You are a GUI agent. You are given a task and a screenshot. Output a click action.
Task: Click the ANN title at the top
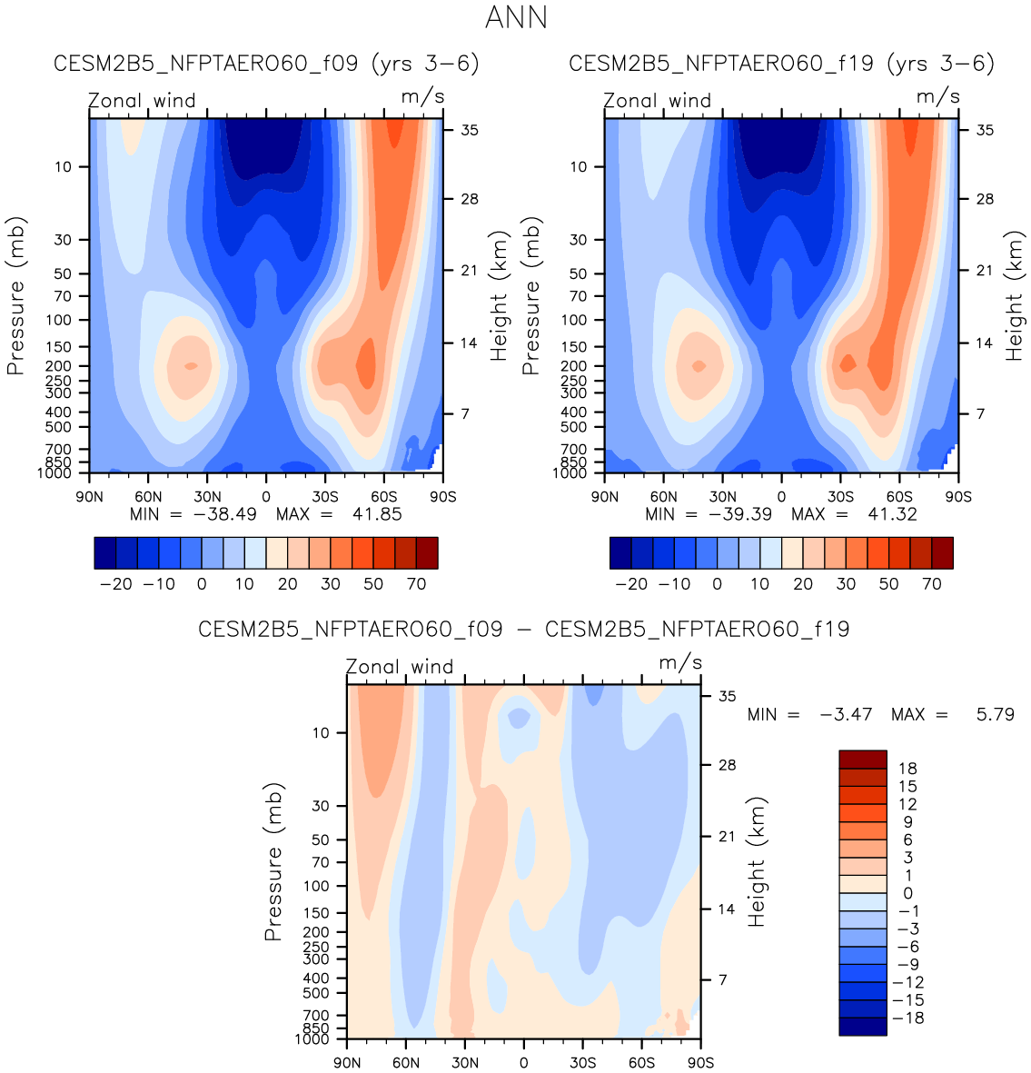point(516,18)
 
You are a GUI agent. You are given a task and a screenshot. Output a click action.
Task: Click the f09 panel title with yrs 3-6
point(266,64)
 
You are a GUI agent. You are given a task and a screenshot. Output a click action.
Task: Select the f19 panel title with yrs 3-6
point(781,64)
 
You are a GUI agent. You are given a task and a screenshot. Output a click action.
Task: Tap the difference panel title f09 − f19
point(523,629)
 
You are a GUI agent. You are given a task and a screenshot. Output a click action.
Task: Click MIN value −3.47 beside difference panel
point(846,715)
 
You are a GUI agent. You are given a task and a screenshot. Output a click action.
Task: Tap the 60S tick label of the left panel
point(384,496)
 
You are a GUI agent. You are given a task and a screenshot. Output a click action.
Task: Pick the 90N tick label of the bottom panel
point(348,1062)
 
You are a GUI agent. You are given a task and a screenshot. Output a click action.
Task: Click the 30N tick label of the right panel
point(723,496)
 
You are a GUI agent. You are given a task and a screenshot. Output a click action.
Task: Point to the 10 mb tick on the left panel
point(63,166)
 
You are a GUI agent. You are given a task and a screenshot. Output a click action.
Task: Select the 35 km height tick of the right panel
point(985,131)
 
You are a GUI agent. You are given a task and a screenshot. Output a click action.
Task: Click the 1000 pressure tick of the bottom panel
point(313,1038)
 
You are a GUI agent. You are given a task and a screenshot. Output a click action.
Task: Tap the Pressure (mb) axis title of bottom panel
point(273,860)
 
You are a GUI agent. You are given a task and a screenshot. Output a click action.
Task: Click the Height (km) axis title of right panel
point(1014,295)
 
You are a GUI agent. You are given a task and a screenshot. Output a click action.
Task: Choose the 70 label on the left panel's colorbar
point(416,583)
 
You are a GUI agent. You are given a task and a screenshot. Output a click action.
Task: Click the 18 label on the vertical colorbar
point(907,769)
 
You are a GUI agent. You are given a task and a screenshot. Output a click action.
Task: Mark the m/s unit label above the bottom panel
point(680,662)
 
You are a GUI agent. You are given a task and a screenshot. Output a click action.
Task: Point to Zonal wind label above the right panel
point(658,100)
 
